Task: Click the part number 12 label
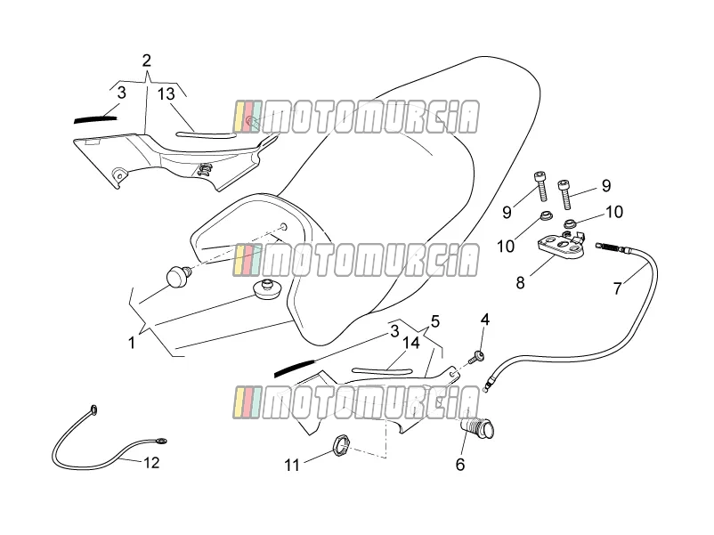[x=151, y=463]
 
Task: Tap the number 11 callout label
[x=292, y=465]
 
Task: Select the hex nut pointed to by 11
[x=341, y=445]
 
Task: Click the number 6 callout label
[x=460, y=465]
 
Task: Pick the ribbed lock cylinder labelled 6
[x=478, y=428]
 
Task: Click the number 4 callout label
[x=485, y=320]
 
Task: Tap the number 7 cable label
[x=618, y=288]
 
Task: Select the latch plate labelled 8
[x=563, y=246]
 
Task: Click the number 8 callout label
[x=521, y=283]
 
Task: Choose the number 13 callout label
[x=166, y=93]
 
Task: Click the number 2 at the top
[x=146, y=61]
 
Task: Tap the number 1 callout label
[x=132, y=343]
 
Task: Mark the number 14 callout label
[x=411, y=343]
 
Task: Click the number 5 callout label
[x=434, y=321]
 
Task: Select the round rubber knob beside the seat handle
[x=178, y=276]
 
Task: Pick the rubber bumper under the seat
[x=267, y=289]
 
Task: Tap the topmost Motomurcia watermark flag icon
[x=247, y=117]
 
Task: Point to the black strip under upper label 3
[x=95, y=119]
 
